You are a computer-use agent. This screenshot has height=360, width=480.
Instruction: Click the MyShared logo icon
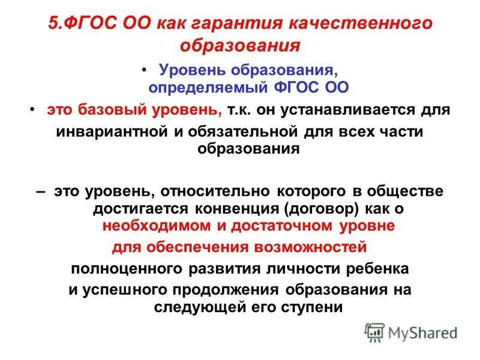[x=374, y=332]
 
